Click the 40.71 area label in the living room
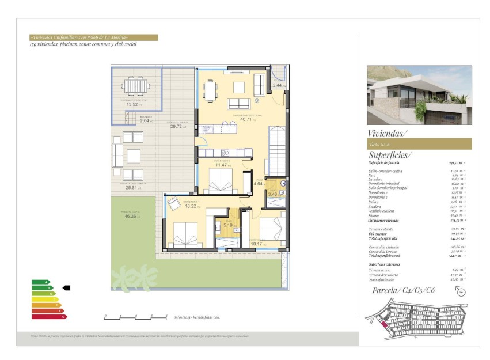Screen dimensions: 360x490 (245, 119)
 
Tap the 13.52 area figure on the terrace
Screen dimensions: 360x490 (132, 104)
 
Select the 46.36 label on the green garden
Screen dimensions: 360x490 (130, 216)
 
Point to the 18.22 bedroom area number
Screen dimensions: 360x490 (191, 206)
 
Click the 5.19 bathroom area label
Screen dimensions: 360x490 (228, 225)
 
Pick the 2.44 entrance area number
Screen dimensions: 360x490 (277, 85)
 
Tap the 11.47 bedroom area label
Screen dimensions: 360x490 (222, 165)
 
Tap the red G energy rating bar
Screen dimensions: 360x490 (50, 316)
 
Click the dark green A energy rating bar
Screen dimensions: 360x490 (41, 282)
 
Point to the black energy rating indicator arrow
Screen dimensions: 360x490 (66, 287)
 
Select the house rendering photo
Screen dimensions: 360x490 (419, 95)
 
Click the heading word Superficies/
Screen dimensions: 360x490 (390, 155)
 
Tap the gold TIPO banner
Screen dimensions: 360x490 (419, 144)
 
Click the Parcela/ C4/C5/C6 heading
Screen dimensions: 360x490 (403, 290)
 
